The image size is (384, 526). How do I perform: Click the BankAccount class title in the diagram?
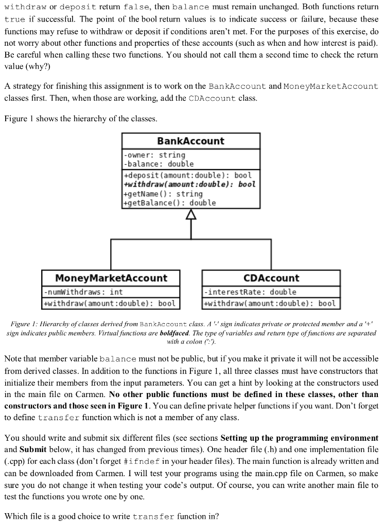click(x=190, y=141)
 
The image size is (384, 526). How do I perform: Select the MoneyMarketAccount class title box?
click(x=111, y=278)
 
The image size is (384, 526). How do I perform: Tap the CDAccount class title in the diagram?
click(x=271, y=278)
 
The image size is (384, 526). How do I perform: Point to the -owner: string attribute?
click(x=154, y=155)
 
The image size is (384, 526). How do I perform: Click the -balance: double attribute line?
click(x=159, y=164)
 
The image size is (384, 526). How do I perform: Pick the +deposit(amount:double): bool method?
click(x=188, y=175)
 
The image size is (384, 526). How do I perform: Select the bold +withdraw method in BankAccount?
click(x=189, y=184)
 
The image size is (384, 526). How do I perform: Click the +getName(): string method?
click(x=164, y=194)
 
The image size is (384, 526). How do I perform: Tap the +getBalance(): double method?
click(x=170, y=203)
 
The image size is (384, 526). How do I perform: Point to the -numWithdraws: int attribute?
click(x=83, y=292)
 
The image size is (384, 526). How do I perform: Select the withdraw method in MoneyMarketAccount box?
click(x=110, y=303)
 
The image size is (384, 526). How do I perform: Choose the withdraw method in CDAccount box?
click(x=270, y=303)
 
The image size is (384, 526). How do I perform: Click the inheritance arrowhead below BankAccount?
click(x=191, y=214)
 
